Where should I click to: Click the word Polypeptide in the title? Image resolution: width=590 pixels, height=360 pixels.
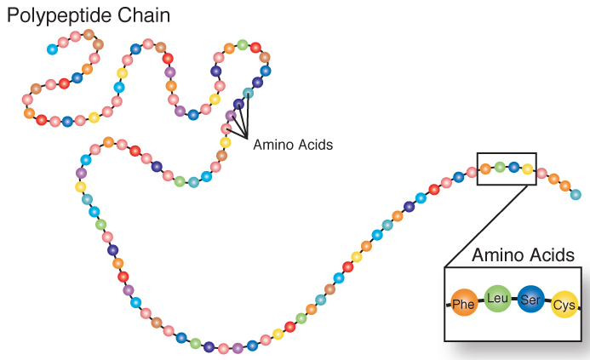62,15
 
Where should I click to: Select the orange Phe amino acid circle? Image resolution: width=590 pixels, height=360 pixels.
464,303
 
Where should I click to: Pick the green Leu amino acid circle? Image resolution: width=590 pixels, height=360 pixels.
497,298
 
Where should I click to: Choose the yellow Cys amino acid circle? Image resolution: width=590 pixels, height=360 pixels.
564,304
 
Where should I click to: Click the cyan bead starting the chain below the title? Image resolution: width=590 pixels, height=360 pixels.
53,49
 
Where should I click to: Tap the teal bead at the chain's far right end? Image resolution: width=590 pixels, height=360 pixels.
576,194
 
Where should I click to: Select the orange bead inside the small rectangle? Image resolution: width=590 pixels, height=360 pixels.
485,169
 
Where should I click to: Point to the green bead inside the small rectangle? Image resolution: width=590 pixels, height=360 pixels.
500,167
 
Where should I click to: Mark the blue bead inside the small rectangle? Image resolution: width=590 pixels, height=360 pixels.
513,167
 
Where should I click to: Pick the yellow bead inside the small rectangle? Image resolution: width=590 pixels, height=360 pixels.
527,169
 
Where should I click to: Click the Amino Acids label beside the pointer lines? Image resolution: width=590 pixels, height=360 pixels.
293,145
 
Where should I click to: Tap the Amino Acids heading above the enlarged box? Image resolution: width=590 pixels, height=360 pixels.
523,254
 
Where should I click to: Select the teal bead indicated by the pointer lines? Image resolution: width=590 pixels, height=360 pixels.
248,92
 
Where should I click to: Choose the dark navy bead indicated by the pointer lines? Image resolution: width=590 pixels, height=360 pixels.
238,104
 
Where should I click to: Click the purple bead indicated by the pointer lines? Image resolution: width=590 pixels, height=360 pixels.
231,116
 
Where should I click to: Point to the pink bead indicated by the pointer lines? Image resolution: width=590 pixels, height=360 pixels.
226,129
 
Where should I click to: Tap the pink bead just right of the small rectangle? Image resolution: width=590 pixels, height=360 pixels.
541,174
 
